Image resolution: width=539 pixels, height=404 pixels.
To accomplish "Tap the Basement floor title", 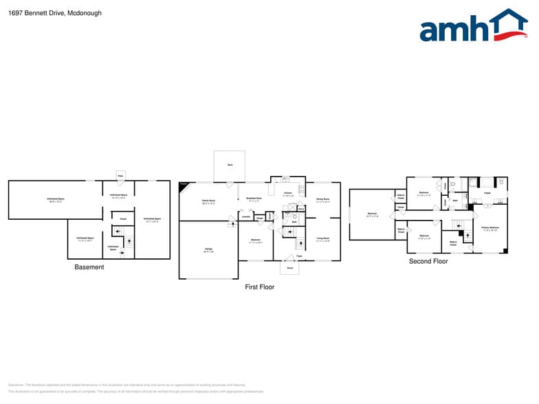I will (89, 267).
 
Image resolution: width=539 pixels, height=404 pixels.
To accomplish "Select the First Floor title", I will (260, 287).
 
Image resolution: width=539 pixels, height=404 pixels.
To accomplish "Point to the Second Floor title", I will (428, 261).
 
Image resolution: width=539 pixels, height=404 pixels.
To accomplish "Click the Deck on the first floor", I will (230, 165).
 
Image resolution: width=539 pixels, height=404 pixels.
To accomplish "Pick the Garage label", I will (208, 249).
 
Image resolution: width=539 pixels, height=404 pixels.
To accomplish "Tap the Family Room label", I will (208, 201).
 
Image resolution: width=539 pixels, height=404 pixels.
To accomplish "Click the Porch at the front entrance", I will (289, 268).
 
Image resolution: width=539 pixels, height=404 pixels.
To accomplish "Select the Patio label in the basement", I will (120, 176).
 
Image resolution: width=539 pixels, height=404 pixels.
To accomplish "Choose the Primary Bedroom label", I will (489, 227).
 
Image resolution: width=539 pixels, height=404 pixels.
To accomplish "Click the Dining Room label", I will (322, 199).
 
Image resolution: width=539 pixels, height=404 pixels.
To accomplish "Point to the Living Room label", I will (322, 239).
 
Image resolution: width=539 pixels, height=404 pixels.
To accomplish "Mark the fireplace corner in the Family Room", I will (183, 186).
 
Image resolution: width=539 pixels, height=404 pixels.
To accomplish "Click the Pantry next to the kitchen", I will (301, 208).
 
